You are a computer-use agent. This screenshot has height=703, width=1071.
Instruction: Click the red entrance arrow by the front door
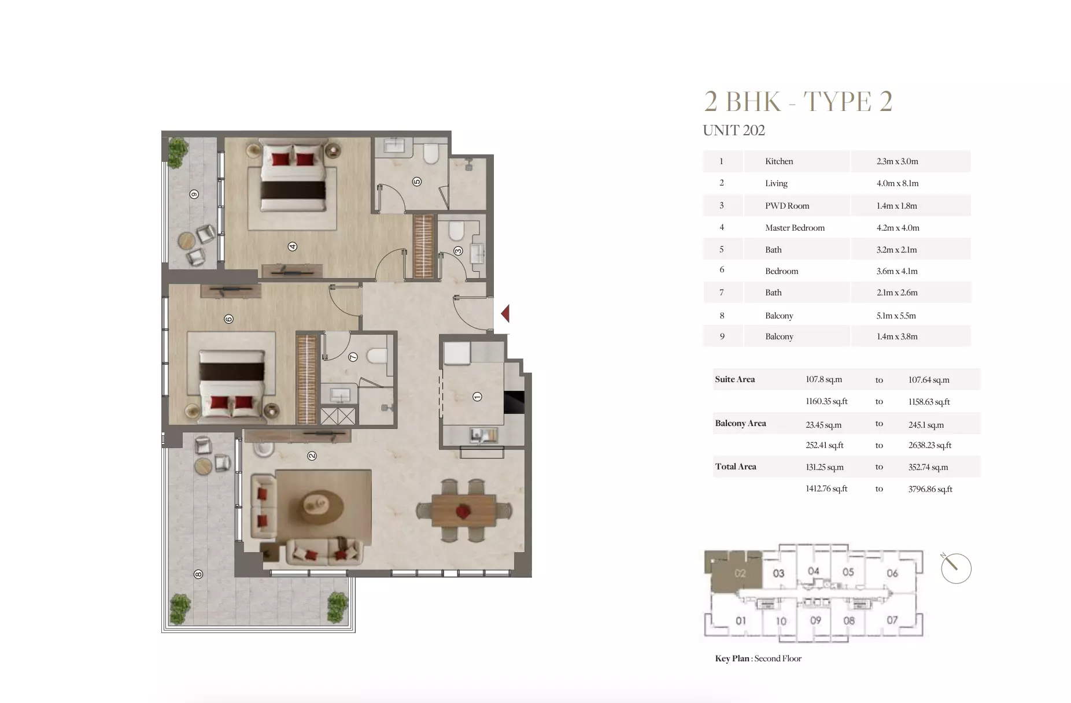505,313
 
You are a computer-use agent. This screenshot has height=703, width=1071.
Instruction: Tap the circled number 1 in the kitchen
477,397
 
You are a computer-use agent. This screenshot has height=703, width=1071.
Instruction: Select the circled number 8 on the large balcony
198,574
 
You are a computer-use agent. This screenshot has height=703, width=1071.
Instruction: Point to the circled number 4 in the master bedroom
293,247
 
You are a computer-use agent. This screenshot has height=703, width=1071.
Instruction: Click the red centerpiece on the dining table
463,510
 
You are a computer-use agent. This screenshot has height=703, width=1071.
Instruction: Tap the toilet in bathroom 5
431,154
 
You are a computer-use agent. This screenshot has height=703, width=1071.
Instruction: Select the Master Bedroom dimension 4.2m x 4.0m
898,228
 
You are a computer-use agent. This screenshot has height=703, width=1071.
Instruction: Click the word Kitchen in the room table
779,161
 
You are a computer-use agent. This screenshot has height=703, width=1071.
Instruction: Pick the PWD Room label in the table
787,206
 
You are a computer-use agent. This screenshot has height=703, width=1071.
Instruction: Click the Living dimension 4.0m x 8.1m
898,183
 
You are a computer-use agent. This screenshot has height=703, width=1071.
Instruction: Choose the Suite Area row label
734,379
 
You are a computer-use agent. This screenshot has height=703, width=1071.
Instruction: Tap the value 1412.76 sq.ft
826,489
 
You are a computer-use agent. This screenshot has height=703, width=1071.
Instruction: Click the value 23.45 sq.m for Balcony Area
823,425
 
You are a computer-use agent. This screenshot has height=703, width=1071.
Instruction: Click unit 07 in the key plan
892,620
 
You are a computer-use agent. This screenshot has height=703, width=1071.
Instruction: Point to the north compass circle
956,568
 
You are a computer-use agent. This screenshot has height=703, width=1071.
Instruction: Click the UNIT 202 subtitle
733,131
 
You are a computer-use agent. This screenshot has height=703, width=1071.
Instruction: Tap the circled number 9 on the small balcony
194,194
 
